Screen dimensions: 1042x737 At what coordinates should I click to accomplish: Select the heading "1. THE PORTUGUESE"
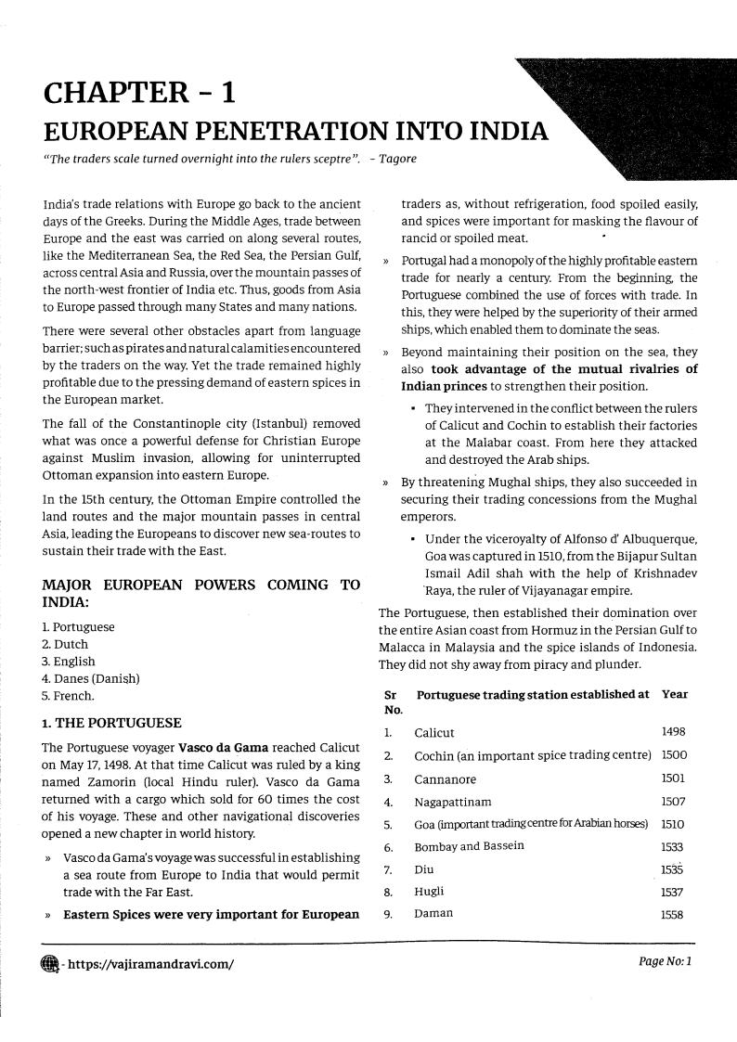(x=111, y=723)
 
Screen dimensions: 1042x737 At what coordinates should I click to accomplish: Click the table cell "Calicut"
(x=434, y=733)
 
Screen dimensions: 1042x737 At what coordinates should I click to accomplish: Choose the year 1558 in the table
(x=673, y=913)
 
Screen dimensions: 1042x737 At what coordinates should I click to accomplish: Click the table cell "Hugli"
(x=430, y=891)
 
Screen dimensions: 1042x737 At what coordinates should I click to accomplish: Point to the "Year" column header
(x=675, y=694)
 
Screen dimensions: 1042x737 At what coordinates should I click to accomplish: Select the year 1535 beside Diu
(x=673, y=868)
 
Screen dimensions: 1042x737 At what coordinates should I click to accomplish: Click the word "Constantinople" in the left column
(x=162, y=424)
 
